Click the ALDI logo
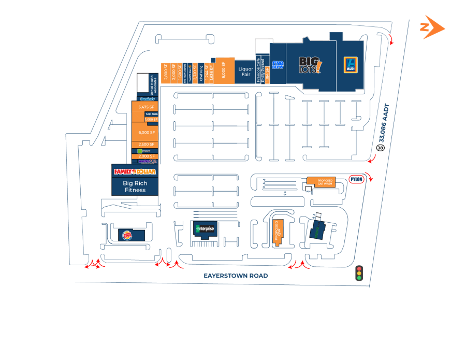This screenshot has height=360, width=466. click(x=350, y=65)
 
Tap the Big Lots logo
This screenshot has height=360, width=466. click(x=311, y=65)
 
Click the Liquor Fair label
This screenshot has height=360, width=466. click(x=245, y=71)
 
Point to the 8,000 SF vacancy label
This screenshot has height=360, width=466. click(x=223, y=69)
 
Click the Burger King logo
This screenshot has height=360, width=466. click(x=127, y=236)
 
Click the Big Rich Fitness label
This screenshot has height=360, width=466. click(x=135, y=186)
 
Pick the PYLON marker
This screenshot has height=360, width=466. click(x=357, y=179)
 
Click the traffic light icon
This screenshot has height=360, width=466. click(x=358, y=273)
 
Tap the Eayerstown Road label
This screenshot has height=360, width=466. click(x=236, y=276)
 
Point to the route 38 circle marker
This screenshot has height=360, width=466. click(x=381, y=148)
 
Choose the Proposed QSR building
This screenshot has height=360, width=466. click(x=279, y=232)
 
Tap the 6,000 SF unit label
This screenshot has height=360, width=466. click(x=147, y=133)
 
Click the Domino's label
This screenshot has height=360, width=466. click(x=147, y=98)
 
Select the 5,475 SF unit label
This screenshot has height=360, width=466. click(x=147, y=107)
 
